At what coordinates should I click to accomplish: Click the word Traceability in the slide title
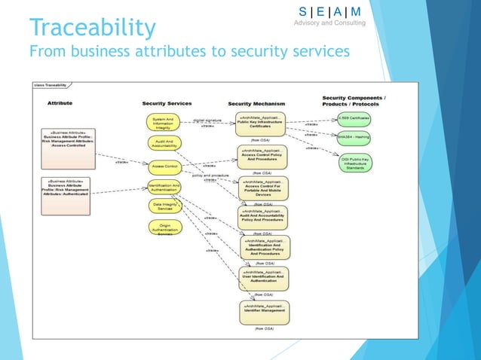click(92, 28)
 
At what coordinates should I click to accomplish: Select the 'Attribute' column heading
click(60, 102)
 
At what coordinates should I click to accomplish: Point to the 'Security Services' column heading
click(167, 103)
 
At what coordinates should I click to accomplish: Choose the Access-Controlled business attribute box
click(68, 148)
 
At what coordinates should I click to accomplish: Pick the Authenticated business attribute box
click(68, 193)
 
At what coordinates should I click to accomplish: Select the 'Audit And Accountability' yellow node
click(165, 144)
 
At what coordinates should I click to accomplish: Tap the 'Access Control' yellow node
click(165, 166)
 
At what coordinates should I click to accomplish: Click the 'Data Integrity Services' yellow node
click(165, 206)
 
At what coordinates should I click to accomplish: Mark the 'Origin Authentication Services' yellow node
click(165, 228)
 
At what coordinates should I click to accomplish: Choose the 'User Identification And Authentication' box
click(264, 277)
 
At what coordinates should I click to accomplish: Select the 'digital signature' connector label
click(208, 120)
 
